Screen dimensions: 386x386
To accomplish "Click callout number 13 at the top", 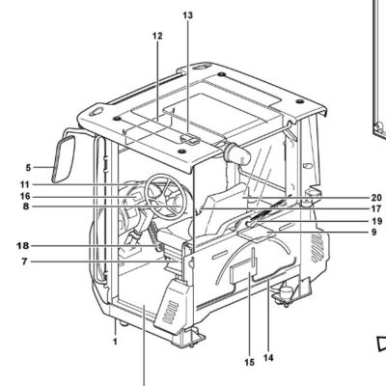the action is tap(188, 15).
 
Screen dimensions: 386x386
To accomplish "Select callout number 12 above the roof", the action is tap(157, 36).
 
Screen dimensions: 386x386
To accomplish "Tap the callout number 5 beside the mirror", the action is tap(28, 168).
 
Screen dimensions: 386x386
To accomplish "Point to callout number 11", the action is tap(25, 185).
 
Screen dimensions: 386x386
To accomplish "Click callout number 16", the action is tap(25, 196).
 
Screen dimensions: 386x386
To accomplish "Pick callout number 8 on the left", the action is tap(26, 207).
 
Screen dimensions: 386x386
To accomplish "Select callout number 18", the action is tap(23, 246).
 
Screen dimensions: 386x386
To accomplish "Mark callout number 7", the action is tap(25, 262).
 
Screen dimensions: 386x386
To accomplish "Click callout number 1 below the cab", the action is tap(115, 342).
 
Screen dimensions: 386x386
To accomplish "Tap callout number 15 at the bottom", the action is tap(249, 363).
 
